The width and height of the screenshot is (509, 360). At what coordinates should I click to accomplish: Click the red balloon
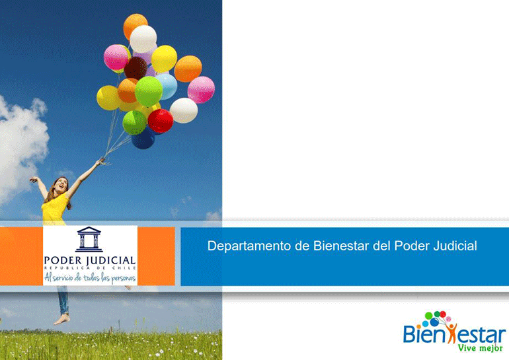pyautogui.click(x=161, y=121)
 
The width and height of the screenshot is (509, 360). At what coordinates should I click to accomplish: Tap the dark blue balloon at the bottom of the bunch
pyautogui.click(x=143, y=139)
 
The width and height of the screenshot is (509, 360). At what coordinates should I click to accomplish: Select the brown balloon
pyautogui.click(x=136, y=68)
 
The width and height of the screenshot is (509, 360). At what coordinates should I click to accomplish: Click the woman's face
pyautogui.click(x=61, y=185)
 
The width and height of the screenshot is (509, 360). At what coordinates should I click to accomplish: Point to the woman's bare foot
pyautogui.click(x=61, y=320)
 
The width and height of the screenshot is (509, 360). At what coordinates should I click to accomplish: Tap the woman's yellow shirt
pyautogui.click(x=54, y=209)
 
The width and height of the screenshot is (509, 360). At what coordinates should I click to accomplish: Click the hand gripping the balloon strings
pyautogui.click(x=102, y=161)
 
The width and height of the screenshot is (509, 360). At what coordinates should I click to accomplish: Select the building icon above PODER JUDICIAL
pyautogui.click(x=89, y=239)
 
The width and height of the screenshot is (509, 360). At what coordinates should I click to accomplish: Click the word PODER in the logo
pyautogui.click(x=63, y=260)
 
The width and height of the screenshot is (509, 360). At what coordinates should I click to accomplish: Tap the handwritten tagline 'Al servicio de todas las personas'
pyautogui.click(x=90, y=278)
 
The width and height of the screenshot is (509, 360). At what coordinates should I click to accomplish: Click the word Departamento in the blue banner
pyautogui.click(x=249, y=246)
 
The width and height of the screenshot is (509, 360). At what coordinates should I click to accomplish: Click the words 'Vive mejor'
pyautogui.click(x=480, y=347)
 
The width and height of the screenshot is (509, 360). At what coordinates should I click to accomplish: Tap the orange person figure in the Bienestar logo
pyautogui.click(x=451, y=332)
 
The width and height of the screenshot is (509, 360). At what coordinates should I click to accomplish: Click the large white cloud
pyautogui.click(x=21, y=146)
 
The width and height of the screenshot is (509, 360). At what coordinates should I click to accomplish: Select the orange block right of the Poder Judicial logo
pyautogui.click(x=156, y=256)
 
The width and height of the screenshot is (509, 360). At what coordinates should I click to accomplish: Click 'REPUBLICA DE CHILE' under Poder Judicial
pyautogui.click(x=90, y=268)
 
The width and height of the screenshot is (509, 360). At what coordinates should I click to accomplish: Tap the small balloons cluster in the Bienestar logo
pyautogui.click(x=436, y=318)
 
